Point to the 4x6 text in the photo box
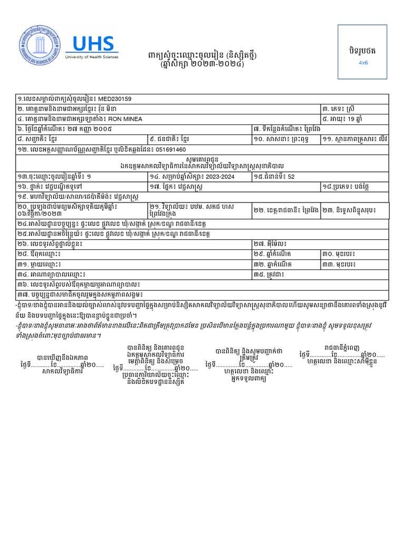click(x=363, y=62)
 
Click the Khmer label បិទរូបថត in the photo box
click(x=363, y=51)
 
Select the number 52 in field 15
click(x=291, y=177)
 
